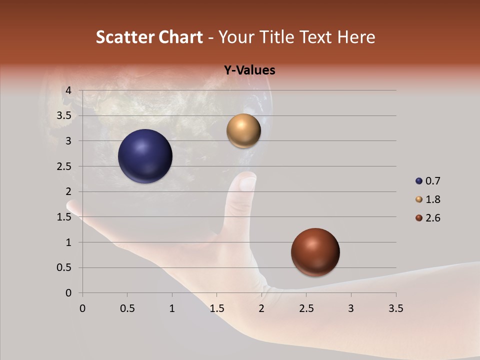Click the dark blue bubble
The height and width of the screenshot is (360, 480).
[145, 156]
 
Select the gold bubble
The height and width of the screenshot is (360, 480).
[243, 131]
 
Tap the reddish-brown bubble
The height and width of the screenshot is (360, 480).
[315, 252]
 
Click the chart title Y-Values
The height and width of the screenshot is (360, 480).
[249, 70]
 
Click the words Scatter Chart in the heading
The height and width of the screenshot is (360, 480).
[149, 37]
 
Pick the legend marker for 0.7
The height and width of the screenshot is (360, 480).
[419, 181]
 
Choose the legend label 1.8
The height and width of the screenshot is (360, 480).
[432, 199]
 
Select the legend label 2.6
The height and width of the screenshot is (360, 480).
[432, 218]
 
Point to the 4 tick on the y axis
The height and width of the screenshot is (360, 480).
[68, 90]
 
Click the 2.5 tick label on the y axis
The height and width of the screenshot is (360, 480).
[64, 166]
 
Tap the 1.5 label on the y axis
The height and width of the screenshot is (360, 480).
[64, 217]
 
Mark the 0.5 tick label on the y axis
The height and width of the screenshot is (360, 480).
[64, 268]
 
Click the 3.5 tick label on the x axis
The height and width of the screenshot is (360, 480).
[395, 308]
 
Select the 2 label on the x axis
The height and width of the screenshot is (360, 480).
[261, 308]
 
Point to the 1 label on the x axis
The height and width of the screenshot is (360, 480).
[172, 308]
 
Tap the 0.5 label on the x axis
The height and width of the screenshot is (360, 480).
[127, 308]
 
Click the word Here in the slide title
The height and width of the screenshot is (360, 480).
[356, 37]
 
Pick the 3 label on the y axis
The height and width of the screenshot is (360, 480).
[68, 141]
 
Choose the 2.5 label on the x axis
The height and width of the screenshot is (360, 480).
[306, 308]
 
